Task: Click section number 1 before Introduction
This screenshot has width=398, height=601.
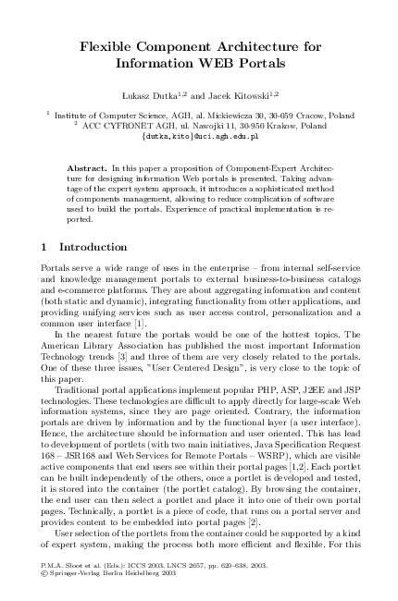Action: pos(45,247)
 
